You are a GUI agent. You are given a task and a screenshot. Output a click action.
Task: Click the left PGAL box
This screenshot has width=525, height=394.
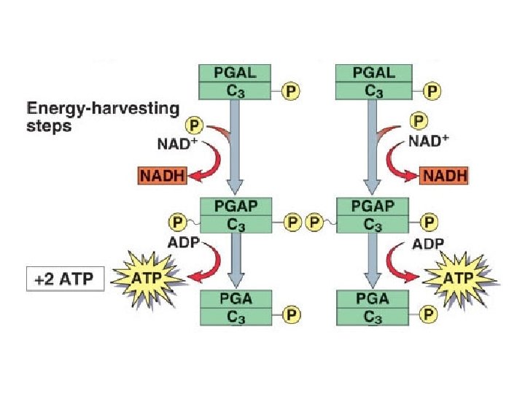pos(235,82)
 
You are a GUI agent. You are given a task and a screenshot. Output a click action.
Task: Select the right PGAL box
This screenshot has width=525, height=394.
pos(373,82)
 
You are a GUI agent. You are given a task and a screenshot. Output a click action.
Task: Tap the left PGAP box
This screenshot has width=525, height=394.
pos(235,215)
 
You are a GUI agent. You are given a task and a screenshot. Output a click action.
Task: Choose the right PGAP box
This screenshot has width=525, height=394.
pos(373,215)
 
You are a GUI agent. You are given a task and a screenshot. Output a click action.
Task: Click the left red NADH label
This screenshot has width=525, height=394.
pos(160,176)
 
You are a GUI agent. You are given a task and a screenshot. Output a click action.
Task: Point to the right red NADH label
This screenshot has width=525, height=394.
pos(443,176)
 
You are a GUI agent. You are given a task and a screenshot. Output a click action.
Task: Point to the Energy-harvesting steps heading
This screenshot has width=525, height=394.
pos(102,116)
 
